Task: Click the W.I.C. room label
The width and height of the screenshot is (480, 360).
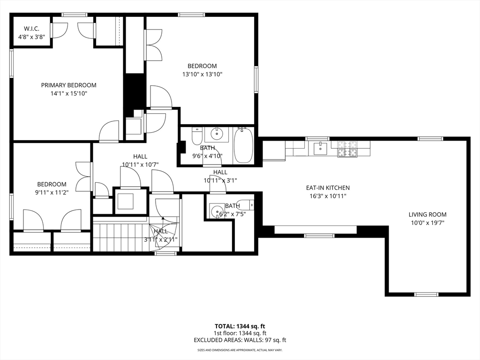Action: (x=32, y=29)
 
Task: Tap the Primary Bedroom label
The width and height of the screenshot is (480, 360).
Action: (x=68, y=85)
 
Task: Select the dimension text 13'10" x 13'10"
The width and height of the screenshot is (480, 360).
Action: (x=202, y=74)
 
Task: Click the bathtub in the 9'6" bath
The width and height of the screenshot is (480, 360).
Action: (x=243, y=146)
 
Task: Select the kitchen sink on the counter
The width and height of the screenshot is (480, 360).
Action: (x=321, y=149)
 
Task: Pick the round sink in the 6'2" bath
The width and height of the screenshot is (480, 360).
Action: (x=216, y=211)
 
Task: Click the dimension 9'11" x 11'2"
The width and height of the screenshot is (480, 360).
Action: (x=52, y=193)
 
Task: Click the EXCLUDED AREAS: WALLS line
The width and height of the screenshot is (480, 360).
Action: (x=240, y=340)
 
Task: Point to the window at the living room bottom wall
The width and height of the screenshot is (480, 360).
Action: (x=426, y=294)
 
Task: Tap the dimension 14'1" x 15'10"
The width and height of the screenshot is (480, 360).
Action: (x=68, y=93)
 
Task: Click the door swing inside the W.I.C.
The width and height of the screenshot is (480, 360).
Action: (x=59, y=30)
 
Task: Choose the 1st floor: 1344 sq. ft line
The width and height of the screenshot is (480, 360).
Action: (x=240, y=333)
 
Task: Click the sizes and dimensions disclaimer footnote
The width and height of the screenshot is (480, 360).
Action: (x=240, y=350)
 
